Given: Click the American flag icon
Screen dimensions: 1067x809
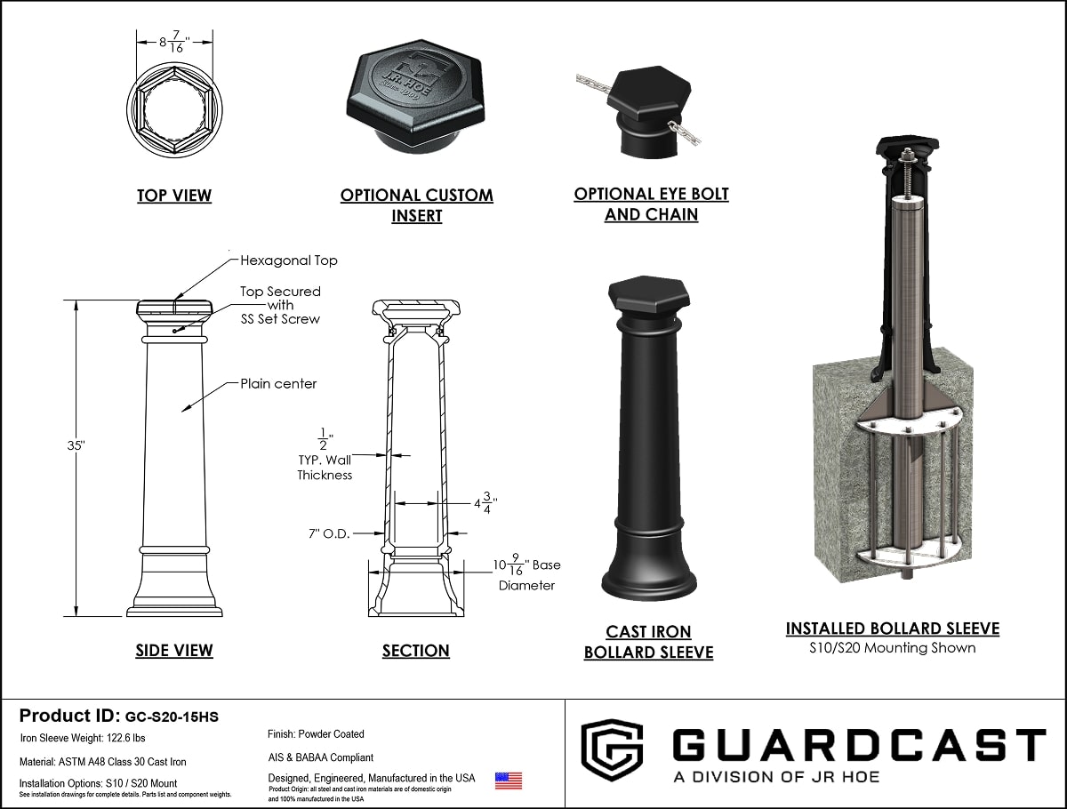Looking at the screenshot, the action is click(x=508, y=781).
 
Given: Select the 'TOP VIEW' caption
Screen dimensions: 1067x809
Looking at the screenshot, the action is click(x=174, y=196).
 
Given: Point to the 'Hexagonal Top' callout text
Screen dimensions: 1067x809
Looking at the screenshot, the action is click(x=289, y=260).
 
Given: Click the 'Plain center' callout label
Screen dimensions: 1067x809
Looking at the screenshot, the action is click(x=278, y=384).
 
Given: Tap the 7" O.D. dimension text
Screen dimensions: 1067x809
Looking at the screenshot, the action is click(x=325, y=533).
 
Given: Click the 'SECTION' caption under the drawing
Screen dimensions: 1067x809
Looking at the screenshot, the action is click(x=415, y=651).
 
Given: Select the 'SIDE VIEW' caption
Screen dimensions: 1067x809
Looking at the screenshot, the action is click(x=174, y=651).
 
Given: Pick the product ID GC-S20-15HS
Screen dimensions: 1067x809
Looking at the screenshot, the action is click(x=172, y=717).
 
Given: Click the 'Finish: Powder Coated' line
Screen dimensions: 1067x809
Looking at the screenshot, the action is click(x=316, y=734).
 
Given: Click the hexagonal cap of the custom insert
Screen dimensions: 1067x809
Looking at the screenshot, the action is click(x=416, y=89).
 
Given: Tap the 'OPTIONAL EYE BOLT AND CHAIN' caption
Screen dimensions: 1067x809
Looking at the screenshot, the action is click(x=651, y=204).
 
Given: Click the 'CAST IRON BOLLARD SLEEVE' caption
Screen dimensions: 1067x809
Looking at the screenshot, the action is click(x=648, y=642).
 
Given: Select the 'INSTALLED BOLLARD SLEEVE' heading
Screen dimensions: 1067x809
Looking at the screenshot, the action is click(x=892, y=629).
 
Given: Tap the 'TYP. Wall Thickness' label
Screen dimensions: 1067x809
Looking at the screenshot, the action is click(x=325, y=468).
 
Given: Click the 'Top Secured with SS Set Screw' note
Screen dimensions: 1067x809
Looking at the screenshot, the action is click(x=280, y=305).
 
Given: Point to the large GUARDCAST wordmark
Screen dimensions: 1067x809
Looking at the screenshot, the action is click(x=859, y=745).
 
